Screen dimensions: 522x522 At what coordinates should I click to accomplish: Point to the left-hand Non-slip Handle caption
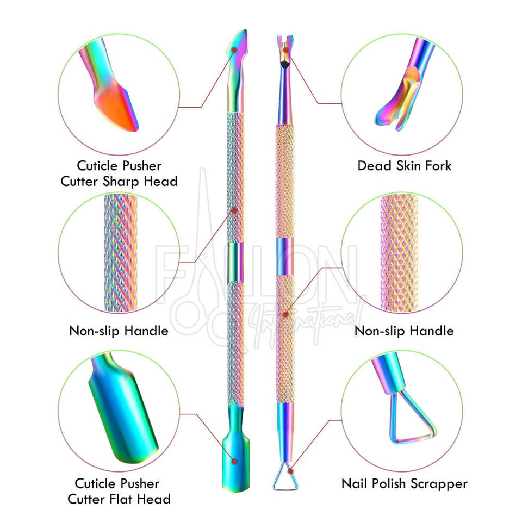click(118, 330)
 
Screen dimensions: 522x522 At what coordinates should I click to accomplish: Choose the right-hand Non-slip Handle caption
click(403, 330)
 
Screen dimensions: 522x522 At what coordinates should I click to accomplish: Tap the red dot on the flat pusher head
click(235, 461)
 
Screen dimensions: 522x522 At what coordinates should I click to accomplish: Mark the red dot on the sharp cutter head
click(234, 49)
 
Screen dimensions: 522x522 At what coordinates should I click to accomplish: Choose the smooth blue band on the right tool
click(285, 256)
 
